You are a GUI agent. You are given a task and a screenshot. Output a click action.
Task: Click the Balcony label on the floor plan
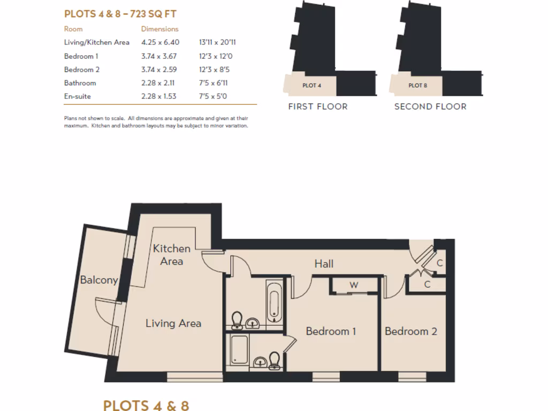point(99,280)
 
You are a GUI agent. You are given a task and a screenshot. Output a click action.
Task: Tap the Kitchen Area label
point(172,255)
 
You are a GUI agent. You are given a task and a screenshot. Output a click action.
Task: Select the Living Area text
point(173,323)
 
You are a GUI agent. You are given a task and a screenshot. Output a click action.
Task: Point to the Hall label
point(324,263)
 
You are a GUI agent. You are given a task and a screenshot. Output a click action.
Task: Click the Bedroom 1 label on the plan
point(331,331)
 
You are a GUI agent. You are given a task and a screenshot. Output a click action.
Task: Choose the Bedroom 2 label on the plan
point(411,331)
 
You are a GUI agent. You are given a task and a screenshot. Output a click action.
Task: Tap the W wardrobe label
point(354,285)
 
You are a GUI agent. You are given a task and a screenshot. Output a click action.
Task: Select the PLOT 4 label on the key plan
point(312,85)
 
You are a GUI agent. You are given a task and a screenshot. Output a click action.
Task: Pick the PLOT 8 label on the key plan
point(417,85)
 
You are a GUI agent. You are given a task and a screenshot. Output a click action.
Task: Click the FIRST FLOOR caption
point(318,106)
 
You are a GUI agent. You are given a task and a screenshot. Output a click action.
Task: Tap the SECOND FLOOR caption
point(430,106)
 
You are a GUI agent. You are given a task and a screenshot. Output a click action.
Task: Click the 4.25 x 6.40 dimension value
point(160,42)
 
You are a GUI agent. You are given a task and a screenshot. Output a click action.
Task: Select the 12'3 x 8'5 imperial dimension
point(213,70)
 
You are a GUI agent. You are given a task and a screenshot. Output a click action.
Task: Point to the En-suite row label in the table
point(77,96)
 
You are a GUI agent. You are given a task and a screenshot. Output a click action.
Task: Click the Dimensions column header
point(159,29)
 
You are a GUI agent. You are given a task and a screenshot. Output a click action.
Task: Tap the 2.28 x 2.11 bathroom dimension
point(158,83)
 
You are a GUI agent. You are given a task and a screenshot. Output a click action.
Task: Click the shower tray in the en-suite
point(238,350)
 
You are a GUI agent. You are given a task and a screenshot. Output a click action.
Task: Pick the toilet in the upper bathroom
point(237,320)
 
